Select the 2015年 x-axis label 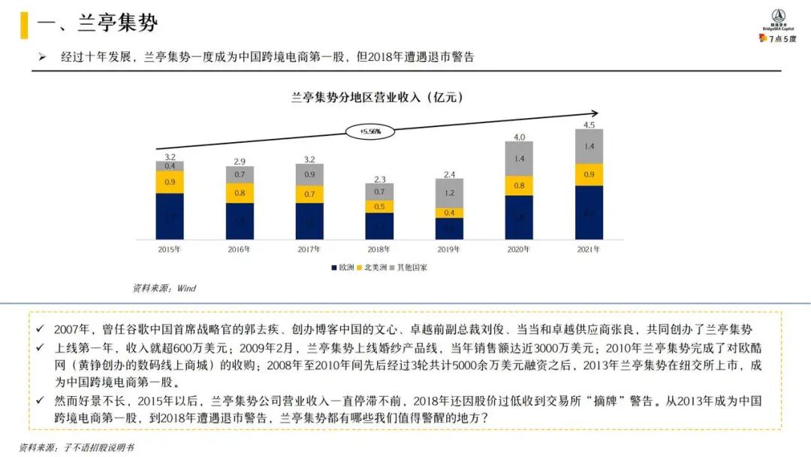tap(169, 250)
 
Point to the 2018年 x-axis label tap(379, 250)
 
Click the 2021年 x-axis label tap(589, 250)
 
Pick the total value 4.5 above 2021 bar tap(589, 125)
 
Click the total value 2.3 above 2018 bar tap(379, 179)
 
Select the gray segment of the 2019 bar tap(449, 193)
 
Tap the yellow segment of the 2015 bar tap(170, 182)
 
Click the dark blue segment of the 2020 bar tap(519, 217)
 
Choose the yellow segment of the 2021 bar tap(589, 174)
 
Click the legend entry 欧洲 tap(342, 267)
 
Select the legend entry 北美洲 tap(373, 267)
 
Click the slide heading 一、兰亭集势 tap(98, 23)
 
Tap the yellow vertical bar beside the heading tap(24, 25)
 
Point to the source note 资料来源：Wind tap(164, 288)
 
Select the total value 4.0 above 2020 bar tap(519, 137)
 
